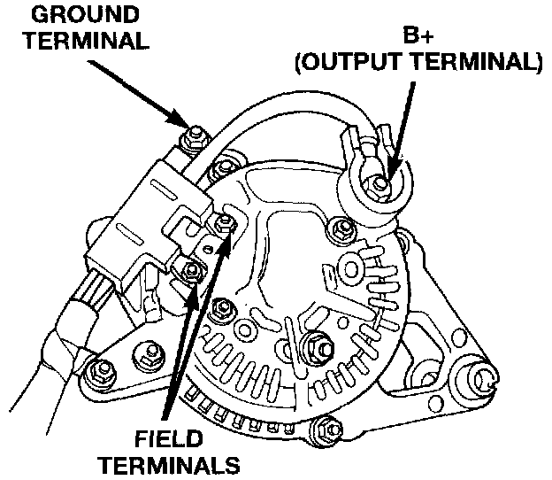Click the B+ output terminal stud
click(x=379, y=183)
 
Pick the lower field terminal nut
click(x=189, y=269)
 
